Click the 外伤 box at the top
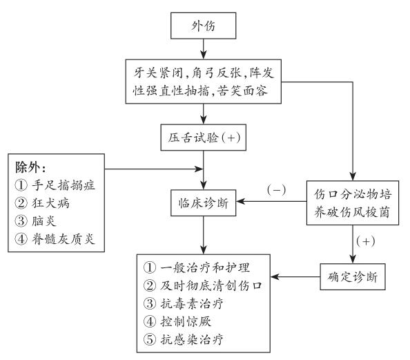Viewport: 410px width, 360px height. coord(203,26)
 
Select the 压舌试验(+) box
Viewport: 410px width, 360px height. coord(203,138)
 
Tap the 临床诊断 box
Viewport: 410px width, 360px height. coord(203,203)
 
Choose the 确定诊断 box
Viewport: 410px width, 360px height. coord(353,277)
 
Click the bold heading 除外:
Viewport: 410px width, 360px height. coord(30,168)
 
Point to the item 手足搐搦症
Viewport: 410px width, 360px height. coord(64,185)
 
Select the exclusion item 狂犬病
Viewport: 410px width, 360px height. coord(50,203)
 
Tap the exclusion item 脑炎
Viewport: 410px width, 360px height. coord(44,221)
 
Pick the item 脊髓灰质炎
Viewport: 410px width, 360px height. coord(64,239)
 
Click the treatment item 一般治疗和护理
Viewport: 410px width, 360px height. coord(205,267)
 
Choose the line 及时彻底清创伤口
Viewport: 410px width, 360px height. coord(211,285)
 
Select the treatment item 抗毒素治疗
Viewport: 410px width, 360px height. coord(192,304)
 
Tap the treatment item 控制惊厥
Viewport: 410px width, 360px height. coord(186,321)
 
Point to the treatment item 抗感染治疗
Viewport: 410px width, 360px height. coord(192,339)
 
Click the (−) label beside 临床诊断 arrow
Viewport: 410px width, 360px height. coord(276,189)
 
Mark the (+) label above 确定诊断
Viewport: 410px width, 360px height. coord(366,241)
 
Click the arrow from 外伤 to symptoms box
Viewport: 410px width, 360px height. coord(203,49)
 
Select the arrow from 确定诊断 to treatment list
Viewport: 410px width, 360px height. coord(295,277)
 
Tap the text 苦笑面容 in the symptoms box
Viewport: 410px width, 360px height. coord(242,91)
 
